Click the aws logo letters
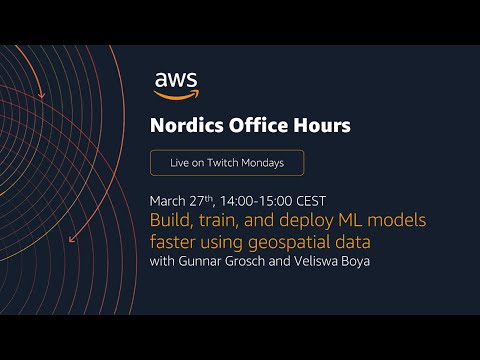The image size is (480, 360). [x=176, y=80]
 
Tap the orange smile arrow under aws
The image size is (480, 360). [x=176, y=95]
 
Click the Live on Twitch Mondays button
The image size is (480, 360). [x=226, y=163]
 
